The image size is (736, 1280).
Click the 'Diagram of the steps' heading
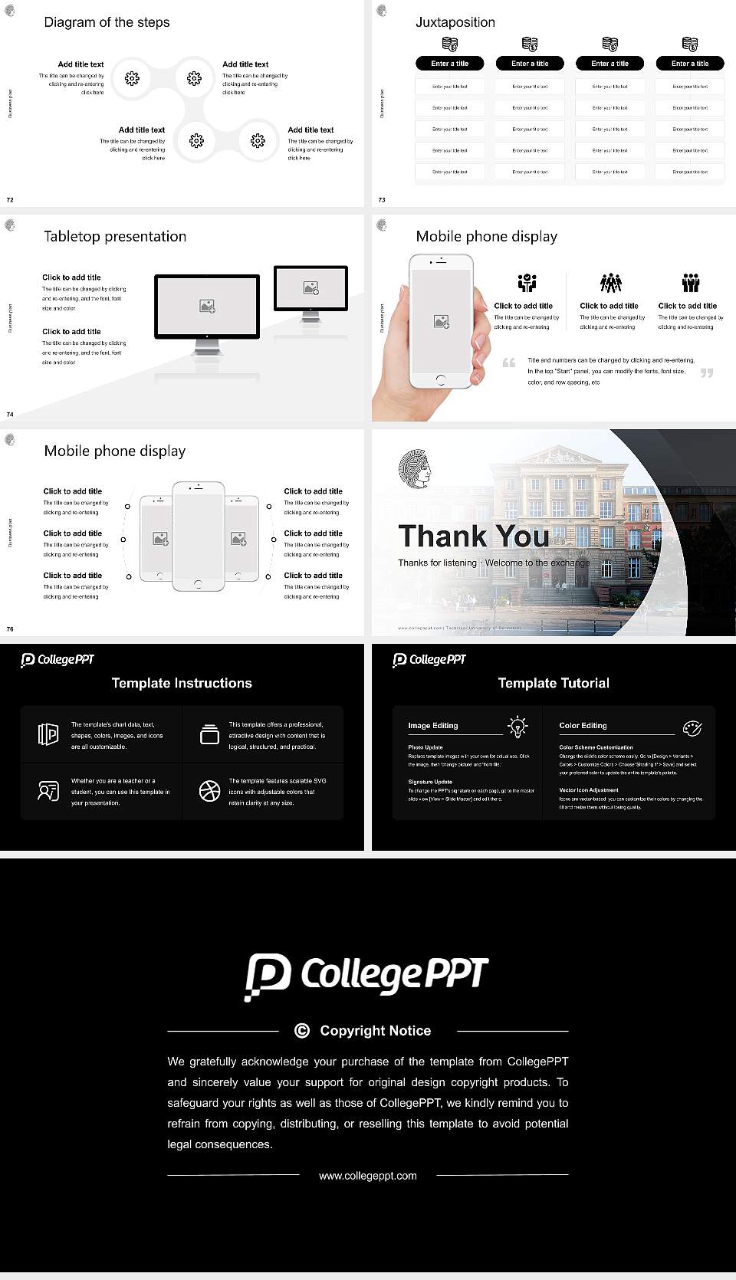coord(107,22)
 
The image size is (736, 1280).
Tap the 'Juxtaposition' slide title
coord(455,22)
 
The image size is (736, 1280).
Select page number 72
coord(10,199)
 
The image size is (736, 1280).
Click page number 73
coord(382,199)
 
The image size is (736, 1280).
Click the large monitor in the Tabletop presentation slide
coord(207,307)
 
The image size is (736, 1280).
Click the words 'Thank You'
coord(473,536)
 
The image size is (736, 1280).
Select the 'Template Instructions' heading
coord(182,683)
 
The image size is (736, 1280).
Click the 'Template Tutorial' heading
coord(554,683)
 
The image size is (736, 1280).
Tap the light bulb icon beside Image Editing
coord(518,726)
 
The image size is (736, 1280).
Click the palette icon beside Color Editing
coord(692,727)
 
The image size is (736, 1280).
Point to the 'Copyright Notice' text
coord(375,1031)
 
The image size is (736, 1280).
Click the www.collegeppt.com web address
coord(368,1176)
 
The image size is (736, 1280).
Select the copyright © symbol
coord(302,1031)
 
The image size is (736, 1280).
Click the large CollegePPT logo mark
coord(268,976)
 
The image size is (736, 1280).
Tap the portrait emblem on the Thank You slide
coord(415,469)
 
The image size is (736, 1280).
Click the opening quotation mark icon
coord(509,363)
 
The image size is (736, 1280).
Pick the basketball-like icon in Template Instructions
coord(209,791)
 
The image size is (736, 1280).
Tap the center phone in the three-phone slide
coord(199,537)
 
